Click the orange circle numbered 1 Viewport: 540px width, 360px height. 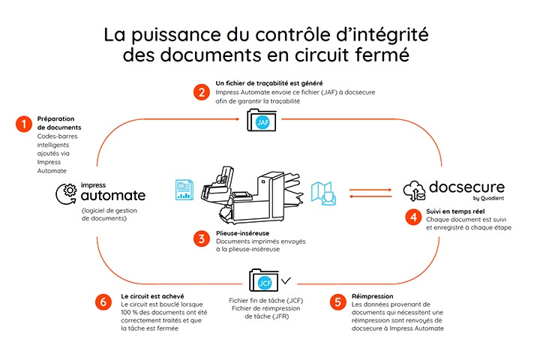[23, 124]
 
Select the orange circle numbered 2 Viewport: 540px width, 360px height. [199, 92]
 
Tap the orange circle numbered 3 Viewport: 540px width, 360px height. [199, 238]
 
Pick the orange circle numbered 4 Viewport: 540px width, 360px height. [411, 217]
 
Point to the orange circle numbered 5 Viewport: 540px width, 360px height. [338, 301]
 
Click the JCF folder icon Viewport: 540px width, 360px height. [263, 283]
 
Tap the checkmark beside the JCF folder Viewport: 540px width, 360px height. [286, 281]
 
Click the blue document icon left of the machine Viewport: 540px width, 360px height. [184, 190]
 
